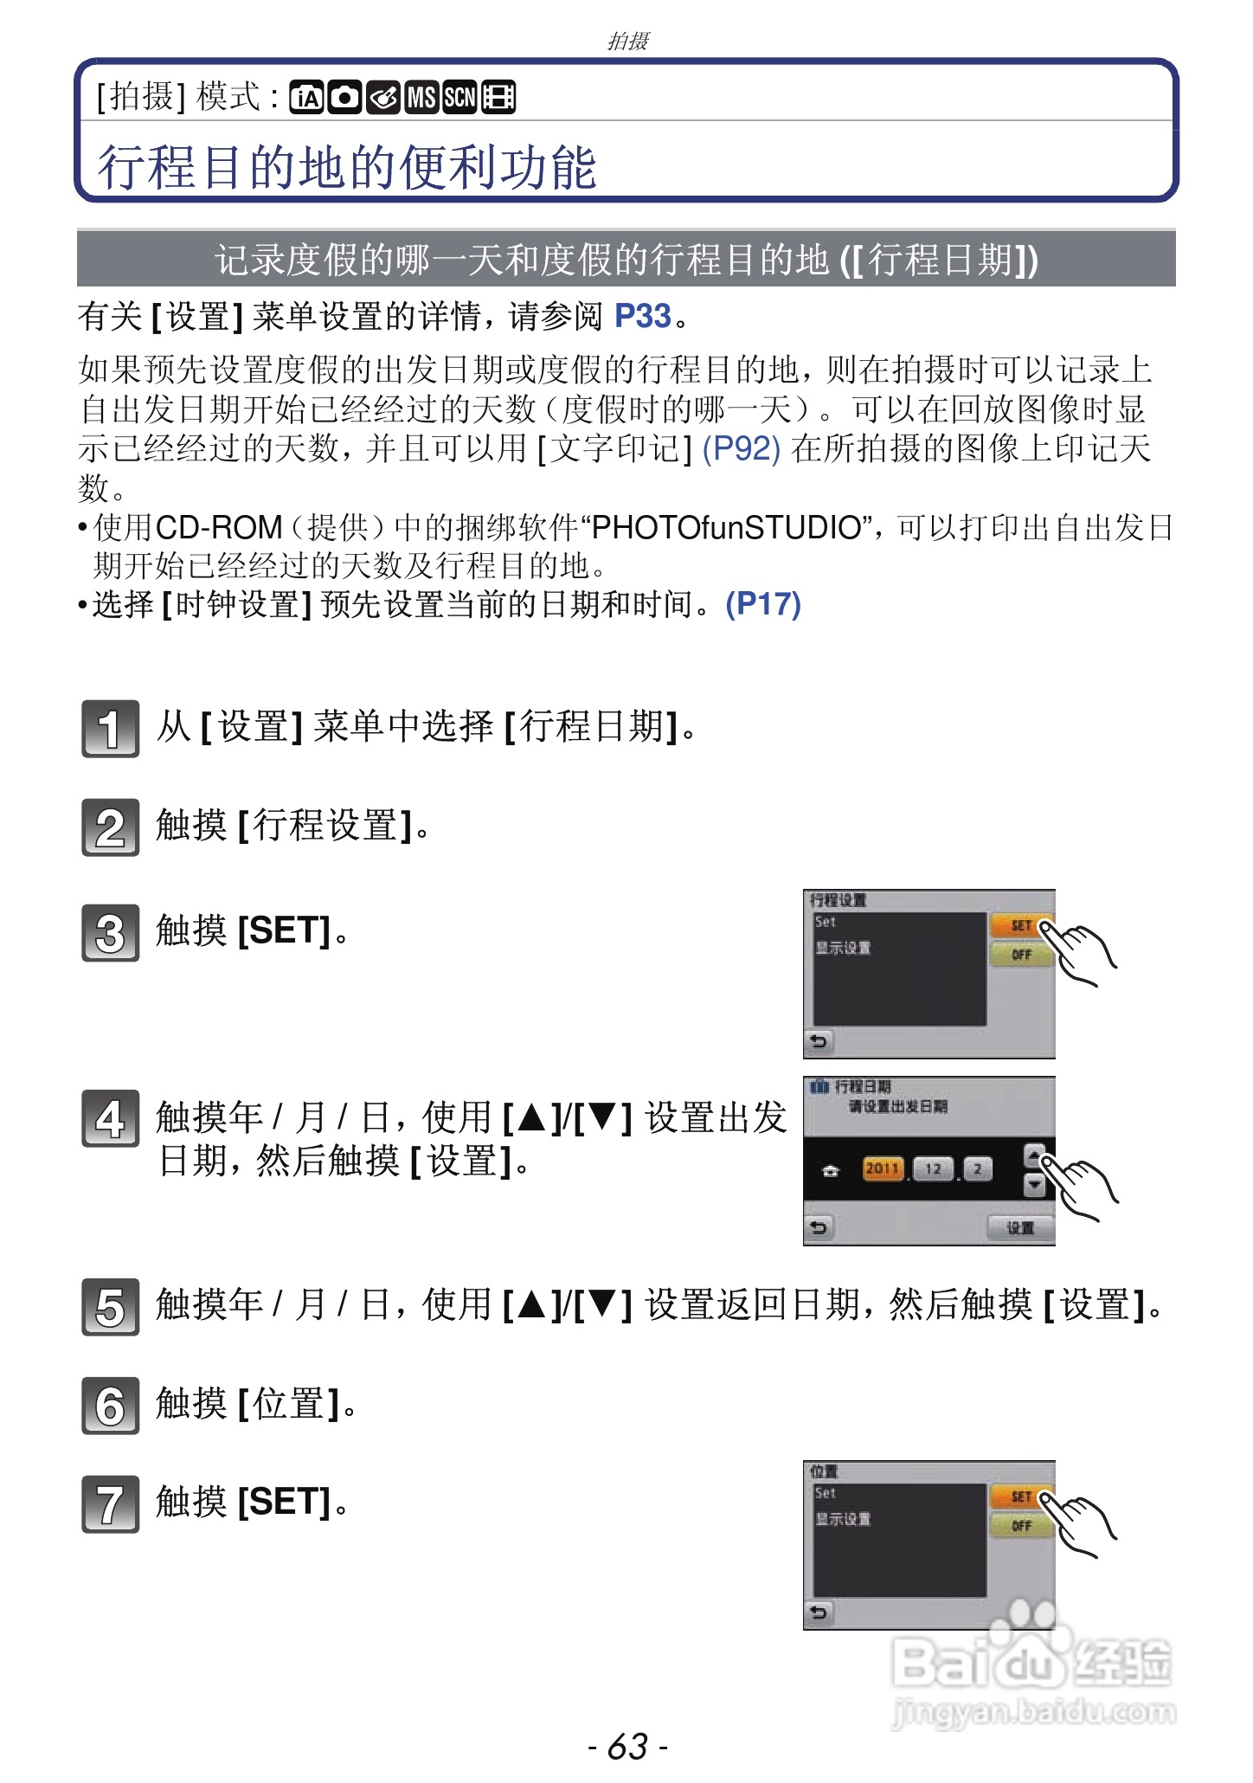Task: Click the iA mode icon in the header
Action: (x=305, y=98)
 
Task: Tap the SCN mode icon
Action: (x=459, y=98)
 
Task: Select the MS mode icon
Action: (x=421, y=98)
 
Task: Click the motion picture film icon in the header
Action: (x=498, y=98)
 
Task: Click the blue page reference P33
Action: (x=642, y=317)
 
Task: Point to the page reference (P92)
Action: (x=741, y=448)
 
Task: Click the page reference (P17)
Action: (x=762, y=604)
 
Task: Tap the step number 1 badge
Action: (x=110, y=728)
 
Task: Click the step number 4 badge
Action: (x=110, y=1118)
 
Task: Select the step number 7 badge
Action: (x=110, y=1503)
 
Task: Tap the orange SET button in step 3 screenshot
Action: (x=1020, y=925)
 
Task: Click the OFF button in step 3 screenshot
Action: (x=1020, y=955)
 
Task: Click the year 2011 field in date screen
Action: (x=882, y=1169)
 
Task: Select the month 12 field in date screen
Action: (x=933, y=1169)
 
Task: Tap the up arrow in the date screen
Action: (x=1033, y=1155)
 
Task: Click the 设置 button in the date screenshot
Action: (x=1020, y=1227)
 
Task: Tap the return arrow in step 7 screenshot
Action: (x=819, y=1612)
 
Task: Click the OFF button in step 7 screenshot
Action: (x=1020, y=1526)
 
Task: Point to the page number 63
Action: (x=627, y=1747)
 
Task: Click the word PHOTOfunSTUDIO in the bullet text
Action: (x=725, y=527)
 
